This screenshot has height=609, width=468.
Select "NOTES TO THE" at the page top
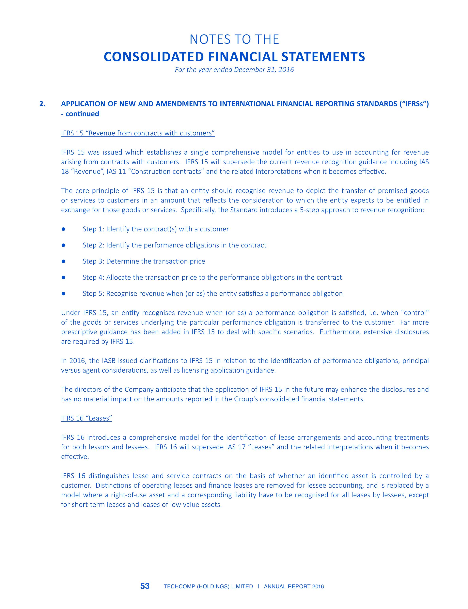tap(234, 39)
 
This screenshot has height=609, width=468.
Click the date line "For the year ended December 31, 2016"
tap(234, 70)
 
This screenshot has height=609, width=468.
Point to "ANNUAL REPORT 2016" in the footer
tap(294, 587)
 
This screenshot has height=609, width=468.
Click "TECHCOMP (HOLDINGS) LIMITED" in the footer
tap(208, 587)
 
